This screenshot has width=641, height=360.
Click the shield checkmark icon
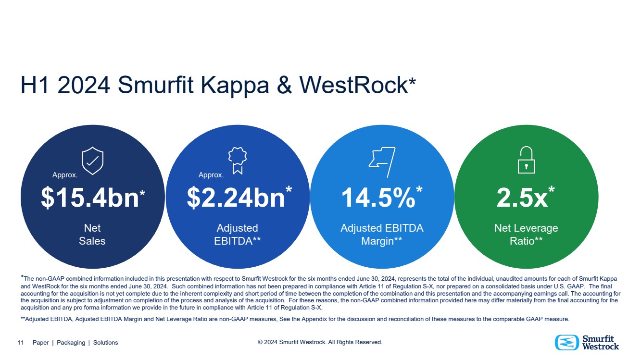[x=92, y=161]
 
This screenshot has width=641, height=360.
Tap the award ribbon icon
[x=238, y=161]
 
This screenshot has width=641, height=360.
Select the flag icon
[x=382, y=162]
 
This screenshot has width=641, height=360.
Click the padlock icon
[x=526, y=160]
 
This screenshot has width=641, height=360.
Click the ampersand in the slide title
[x=284, y=85]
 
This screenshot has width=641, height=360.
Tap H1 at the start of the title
[x=35, y=85]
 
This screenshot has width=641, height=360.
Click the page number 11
[x=21, y=343]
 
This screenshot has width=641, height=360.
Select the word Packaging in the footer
[x=71, y=343]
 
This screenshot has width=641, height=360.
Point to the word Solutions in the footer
[x=106, y=343]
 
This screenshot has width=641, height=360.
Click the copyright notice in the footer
[x=320, y=342]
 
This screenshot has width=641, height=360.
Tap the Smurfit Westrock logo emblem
[x=567, y=343]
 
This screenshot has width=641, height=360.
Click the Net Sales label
[x=92, y=235]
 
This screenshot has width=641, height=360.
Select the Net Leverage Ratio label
[x=526, y=235]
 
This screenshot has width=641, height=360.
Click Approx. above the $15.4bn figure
[x=65, y=175]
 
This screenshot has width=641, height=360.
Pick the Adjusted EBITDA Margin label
[x=382, y=235]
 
